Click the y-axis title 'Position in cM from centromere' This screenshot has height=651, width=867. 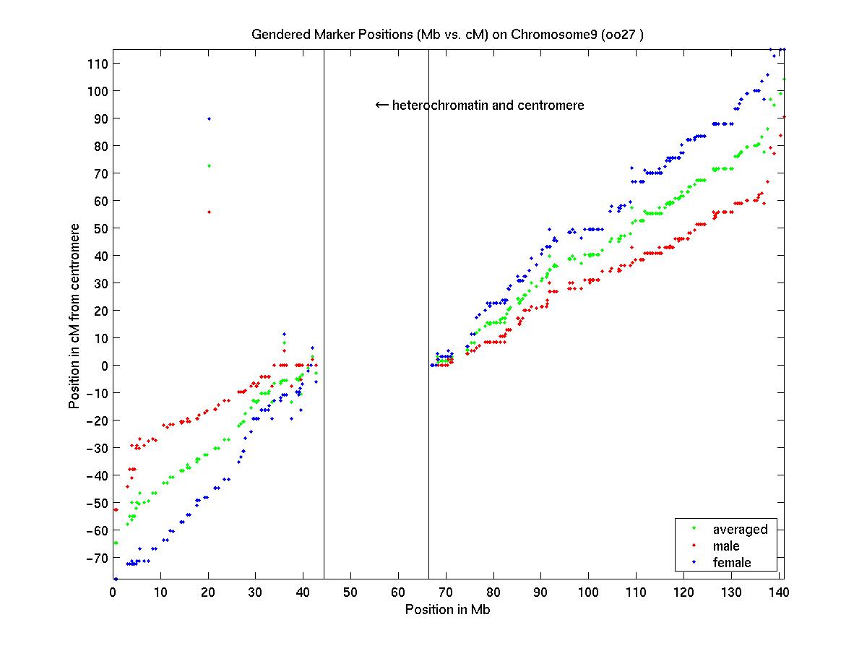(x=74, y=316)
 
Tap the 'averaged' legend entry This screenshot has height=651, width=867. (x=740, y=529)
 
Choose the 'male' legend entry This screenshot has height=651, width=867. (x=726, y=546)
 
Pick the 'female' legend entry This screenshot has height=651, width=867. (x=732, y=563)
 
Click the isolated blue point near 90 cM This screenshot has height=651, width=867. (x=209, y=118)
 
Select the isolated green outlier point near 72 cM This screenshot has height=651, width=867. (x=209, y=165)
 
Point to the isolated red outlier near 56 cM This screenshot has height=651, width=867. (x=209, y=212)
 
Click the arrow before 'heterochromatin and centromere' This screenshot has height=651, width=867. (x=381, y=105)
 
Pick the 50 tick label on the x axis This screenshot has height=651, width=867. (x=350, y=592)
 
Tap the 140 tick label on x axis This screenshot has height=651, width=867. (x=778, y=592)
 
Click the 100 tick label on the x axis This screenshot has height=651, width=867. (x=588, y=592)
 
